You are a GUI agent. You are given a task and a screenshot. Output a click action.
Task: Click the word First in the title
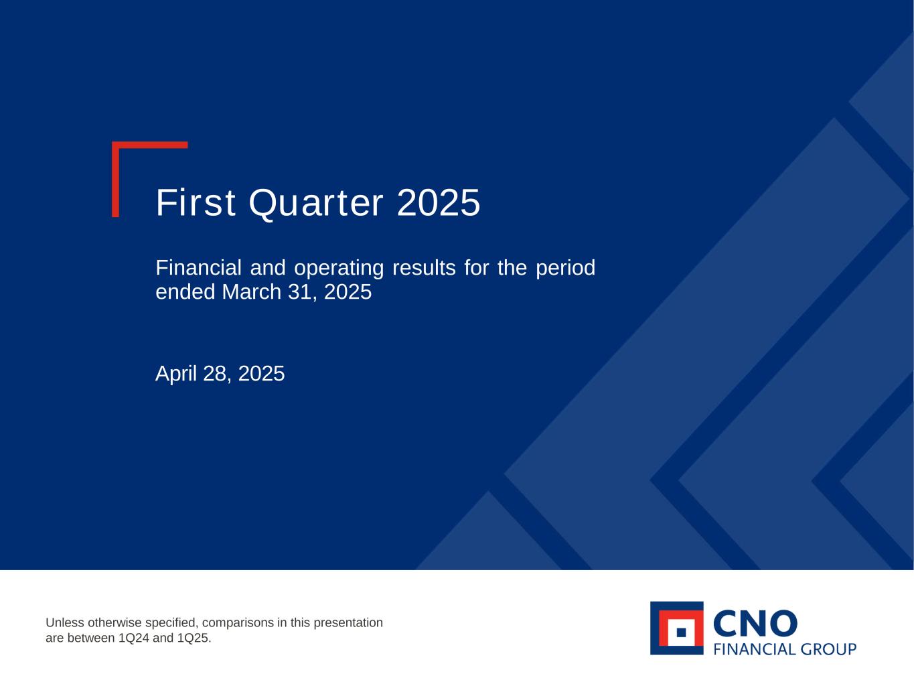[x=196, y=202]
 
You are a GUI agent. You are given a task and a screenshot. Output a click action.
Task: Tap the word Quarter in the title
[x=315, y=204]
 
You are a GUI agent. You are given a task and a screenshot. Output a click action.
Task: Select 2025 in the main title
[x=439, y=202]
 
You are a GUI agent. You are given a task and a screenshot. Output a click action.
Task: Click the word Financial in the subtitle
[x=198, y=267]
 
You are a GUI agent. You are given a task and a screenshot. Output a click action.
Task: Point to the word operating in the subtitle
[x=339, y=269]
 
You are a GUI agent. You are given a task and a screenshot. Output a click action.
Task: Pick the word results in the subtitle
[x=424, y=268]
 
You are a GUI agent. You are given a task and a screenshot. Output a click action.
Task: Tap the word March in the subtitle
[x=252, y=291]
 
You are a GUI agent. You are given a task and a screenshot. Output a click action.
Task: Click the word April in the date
[x=175, y=374]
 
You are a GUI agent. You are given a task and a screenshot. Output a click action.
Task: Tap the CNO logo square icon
[x=677, y=628]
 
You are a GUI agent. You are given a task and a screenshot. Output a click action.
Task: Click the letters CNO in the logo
[x=755, y=624]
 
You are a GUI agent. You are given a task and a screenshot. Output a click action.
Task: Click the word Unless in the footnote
[x=65, y=622]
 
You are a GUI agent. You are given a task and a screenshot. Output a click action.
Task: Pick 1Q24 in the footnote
[x=134, y=638]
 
